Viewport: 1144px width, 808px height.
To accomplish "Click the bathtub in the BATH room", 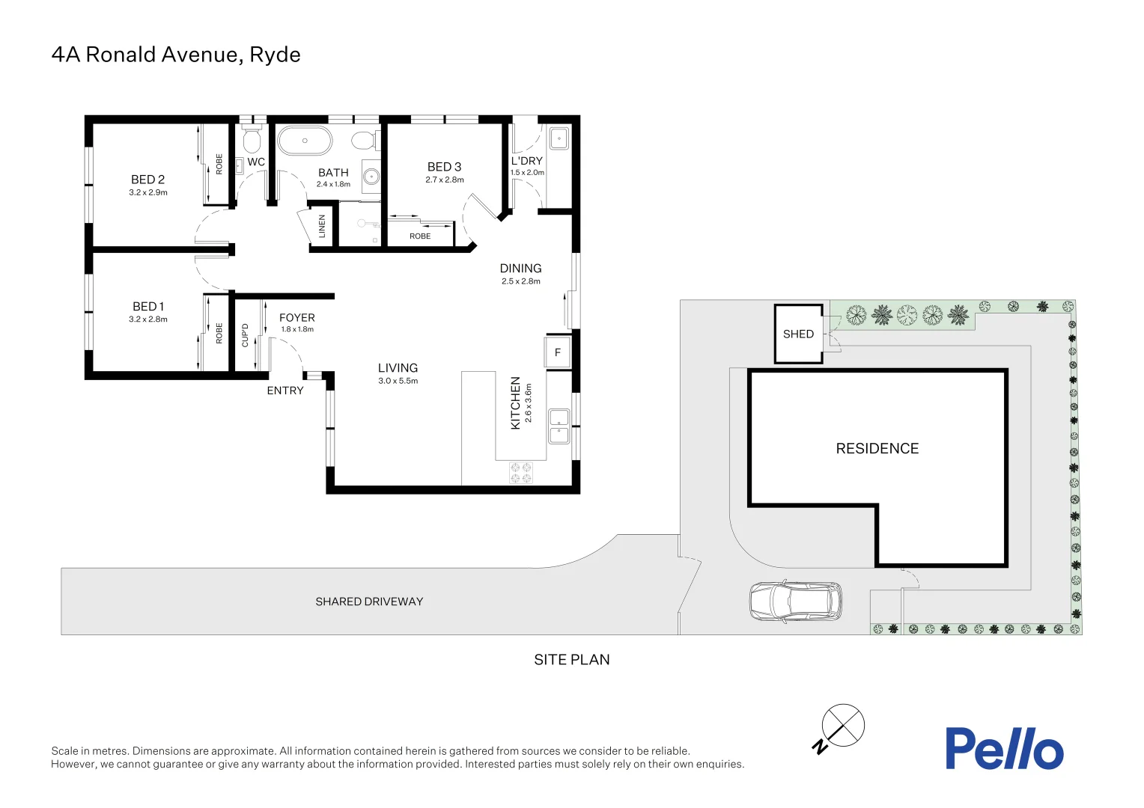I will click(305, 141).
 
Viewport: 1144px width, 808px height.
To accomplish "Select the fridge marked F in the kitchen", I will click(558, 352).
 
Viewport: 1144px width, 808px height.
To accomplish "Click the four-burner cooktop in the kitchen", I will click(521, 473).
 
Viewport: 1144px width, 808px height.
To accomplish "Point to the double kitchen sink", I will click(559, 426).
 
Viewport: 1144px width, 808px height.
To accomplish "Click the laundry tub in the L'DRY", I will click(559, 138).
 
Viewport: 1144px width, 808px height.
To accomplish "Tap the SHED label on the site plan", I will click(798, 334).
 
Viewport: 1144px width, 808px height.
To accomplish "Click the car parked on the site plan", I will click(795, 601).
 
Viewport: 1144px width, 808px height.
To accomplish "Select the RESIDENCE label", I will click(877, 449).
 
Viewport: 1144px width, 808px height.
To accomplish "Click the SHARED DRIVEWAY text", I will click(369, 602).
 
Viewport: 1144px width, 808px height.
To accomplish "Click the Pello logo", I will click(1003, 748).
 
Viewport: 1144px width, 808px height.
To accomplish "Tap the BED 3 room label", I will click(444, 167).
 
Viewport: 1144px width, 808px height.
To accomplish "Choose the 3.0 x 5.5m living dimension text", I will click(398, 382).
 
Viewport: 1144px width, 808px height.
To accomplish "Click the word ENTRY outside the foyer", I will click(285, 391).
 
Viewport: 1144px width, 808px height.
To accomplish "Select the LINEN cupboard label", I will click(322, 226).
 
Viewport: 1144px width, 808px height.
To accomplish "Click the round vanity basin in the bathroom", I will click(371, 177).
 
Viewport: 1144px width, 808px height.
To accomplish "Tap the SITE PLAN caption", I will click(571, 660).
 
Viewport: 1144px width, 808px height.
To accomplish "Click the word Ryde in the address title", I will click(275, 55).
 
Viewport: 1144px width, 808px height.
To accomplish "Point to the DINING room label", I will click(520, 269).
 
